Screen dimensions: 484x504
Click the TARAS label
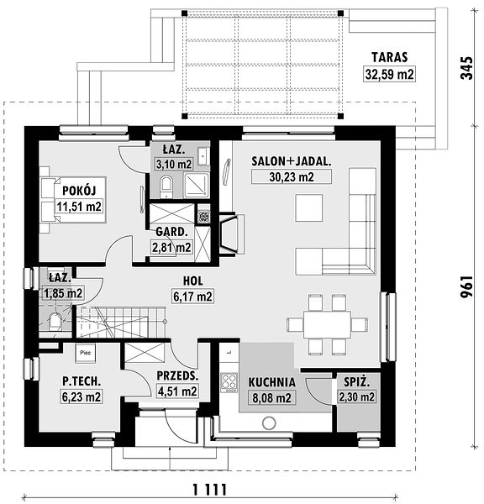(389, 57)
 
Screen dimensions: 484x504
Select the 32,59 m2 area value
(389, 74)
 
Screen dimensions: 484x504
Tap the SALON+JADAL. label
(292, 161)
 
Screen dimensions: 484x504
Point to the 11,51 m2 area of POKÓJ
(80, 206)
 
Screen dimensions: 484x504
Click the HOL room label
(193, 281)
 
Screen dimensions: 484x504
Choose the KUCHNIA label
(271, 382)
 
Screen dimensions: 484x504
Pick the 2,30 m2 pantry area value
(356, 397)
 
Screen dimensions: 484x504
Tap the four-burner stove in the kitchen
(229, 382)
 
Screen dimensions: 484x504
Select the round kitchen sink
(269, 423)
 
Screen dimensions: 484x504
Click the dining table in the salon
(327, 324)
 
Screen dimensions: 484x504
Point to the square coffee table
(309, 207)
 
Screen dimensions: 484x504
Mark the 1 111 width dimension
(210, 490)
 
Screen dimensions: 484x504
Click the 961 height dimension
(466, 286)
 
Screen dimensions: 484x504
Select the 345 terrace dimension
(466, 68)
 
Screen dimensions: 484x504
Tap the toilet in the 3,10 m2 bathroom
(166, 186)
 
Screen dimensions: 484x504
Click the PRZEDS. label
(177, 375)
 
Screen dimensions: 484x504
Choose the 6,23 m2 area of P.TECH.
(82, 397)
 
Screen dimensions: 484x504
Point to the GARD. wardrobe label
(171, 232)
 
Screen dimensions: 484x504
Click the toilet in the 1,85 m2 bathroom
(55, 322)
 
